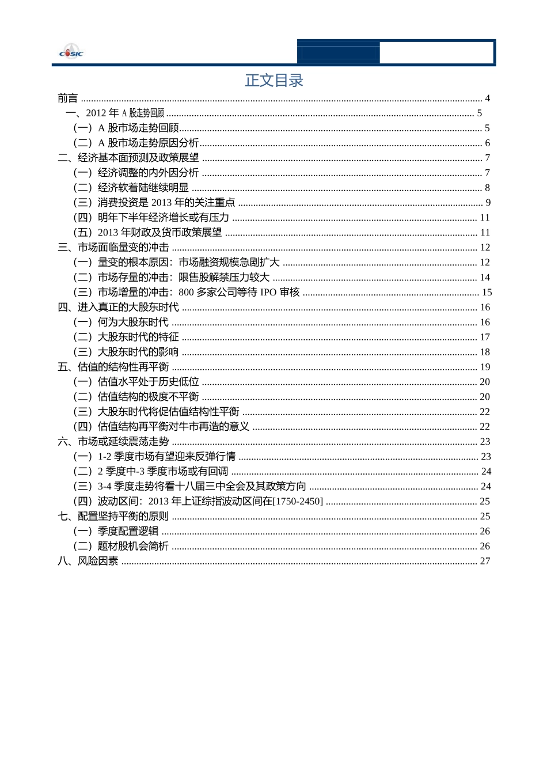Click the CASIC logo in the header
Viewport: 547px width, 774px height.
point(71,52)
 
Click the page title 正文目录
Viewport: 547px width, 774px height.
point(274,81)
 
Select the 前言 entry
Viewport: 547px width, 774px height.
point(67,98)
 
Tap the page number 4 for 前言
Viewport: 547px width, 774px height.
point(487,98)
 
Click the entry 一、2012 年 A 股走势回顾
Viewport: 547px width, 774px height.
point(115,113)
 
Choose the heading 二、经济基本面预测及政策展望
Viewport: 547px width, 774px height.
point(128,158)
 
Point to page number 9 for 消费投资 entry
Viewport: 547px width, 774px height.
point(488,203)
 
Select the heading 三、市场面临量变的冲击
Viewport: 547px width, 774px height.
point(113,248)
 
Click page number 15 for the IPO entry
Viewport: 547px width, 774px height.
point(487,293)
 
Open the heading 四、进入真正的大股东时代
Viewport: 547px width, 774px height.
point(119,308)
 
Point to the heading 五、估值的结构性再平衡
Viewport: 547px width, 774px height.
point(113,367)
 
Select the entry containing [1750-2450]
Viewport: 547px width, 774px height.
point(199,502)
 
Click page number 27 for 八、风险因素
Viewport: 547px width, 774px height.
point(485,561)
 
